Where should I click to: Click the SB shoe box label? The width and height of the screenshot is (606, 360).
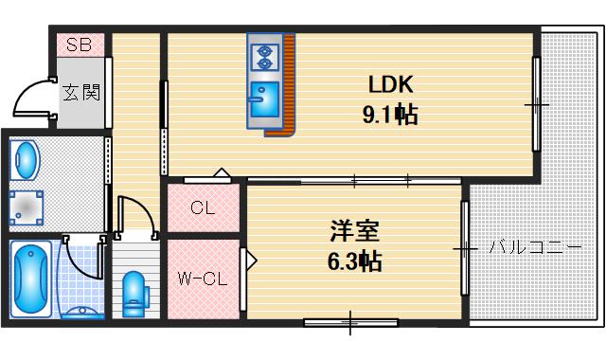tap(78, 45)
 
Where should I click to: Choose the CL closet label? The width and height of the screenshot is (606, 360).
tap(202, 208)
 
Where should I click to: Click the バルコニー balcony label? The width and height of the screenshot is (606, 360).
tap(536, 248)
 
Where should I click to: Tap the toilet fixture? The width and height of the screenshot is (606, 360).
tap(134, 291)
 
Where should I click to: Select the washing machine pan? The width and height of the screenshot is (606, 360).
tap(26, 205)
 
